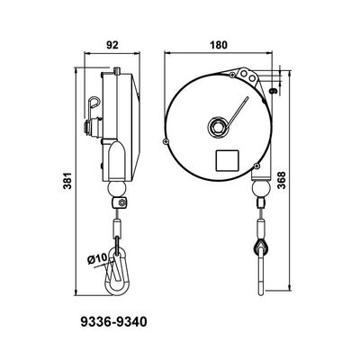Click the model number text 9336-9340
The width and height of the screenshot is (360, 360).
coord(113,319)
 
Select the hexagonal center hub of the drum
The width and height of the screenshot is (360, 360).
coord(217,123)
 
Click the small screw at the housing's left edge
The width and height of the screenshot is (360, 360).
coord(165,142)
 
